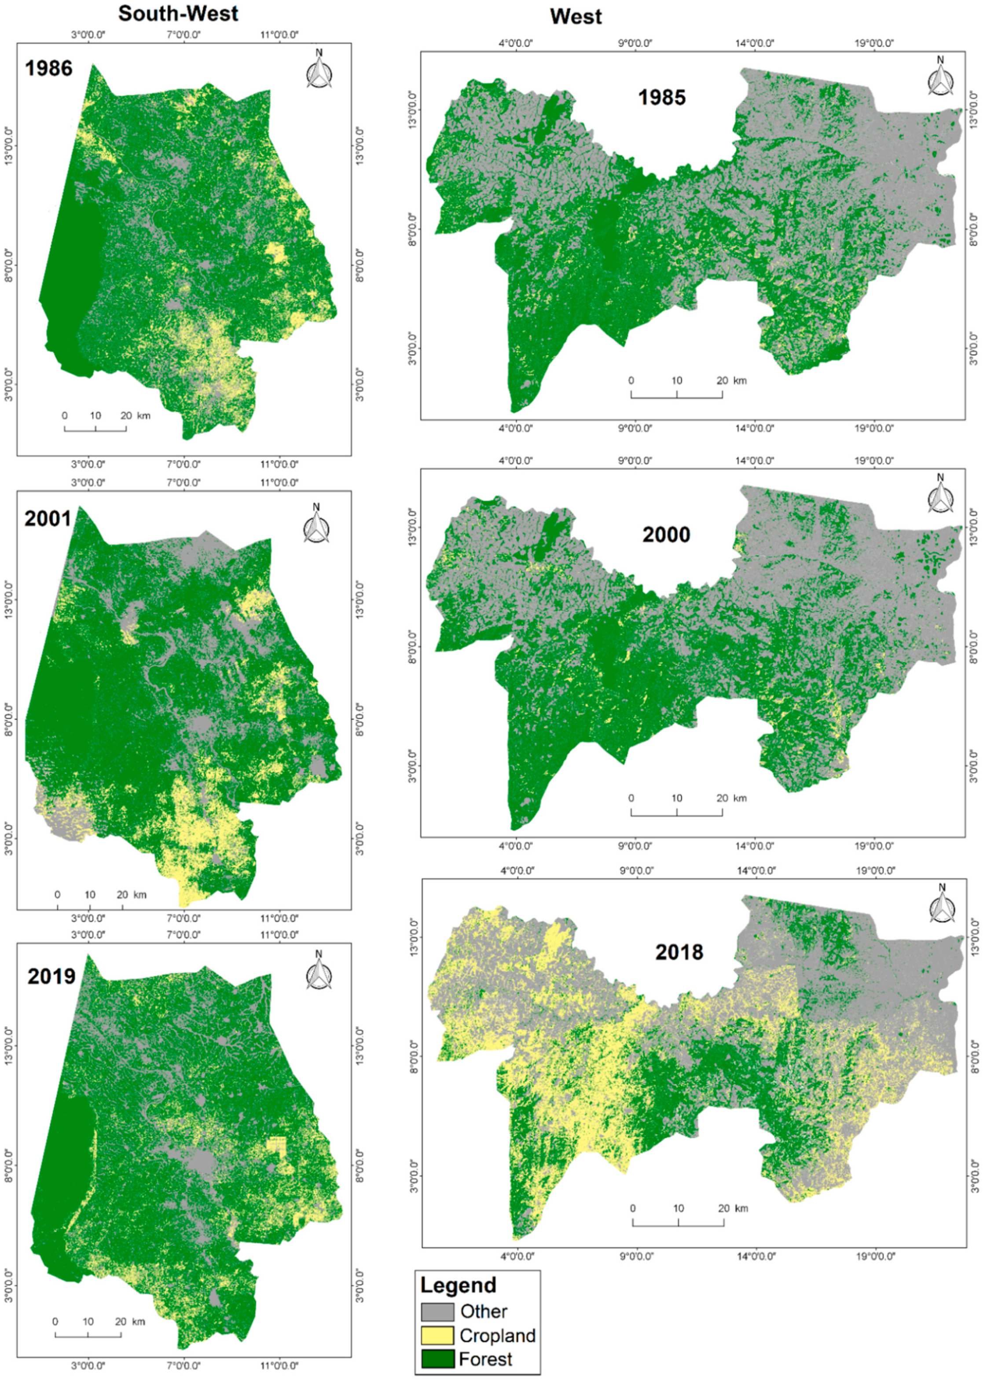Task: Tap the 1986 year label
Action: coord(48,68)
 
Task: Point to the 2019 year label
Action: coord(51,977)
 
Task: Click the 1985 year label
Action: coord(661,97)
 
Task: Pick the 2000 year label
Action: coord(666,535)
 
